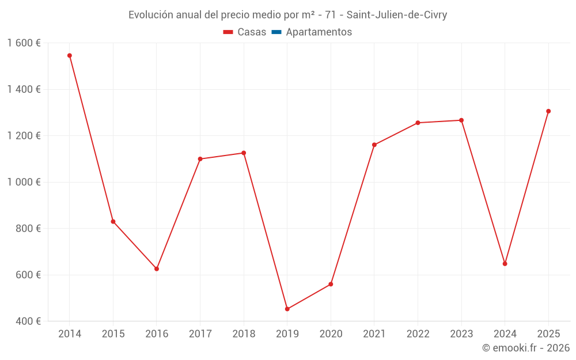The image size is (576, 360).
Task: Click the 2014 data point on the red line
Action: tap(70, 56)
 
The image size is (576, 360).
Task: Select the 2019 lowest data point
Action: tap(287, 309)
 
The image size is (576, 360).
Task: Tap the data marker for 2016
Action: tap(157, 269)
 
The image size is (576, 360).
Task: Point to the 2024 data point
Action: tap(505, 264)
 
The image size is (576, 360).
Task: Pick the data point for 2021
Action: tap(374, 145)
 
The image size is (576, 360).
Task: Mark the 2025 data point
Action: tap(548, 111)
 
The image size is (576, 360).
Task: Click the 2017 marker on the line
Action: tap(200, 159)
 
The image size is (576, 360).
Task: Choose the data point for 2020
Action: tap(331, 284)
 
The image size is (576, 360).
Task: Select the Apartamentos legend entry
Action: tap(319, 32)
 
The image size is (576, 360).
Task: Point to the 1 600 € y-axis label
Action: tap(24, 43)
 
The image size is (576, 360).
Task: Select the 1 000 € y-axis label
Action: tap(24, 182)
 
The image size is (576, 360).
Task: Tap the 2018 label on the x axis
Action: tap(244, 334)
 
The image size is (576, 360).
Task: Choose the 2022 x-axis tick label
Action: tap(418, 334)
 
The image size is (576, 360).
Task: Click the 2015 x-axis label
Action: tap(113, 334)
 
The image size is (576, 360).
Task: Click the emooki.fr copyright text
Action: tap(526, 348)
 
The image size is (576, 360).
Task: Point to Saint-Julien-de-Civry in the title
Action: tap(396, 15)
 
